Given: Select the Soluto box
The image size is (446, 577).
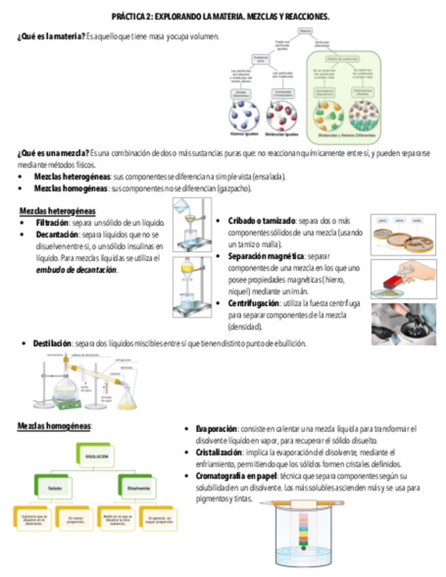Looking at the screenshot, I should tap(55, 488).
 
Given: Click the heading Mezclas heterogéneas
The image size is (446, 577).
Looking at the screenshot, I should tap(57, 210).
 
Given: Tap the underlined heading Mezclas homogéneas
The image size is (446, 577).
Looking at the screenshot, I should tap(54, 426).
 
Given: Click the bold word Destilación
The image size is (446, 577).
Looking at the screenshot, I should tap(52, 344).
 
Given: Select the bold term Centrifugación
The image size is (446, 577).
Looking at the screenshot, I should tap(254, 303).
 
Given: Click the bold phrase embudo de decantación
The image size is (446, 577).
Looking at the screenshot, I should tap(76, 269).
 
